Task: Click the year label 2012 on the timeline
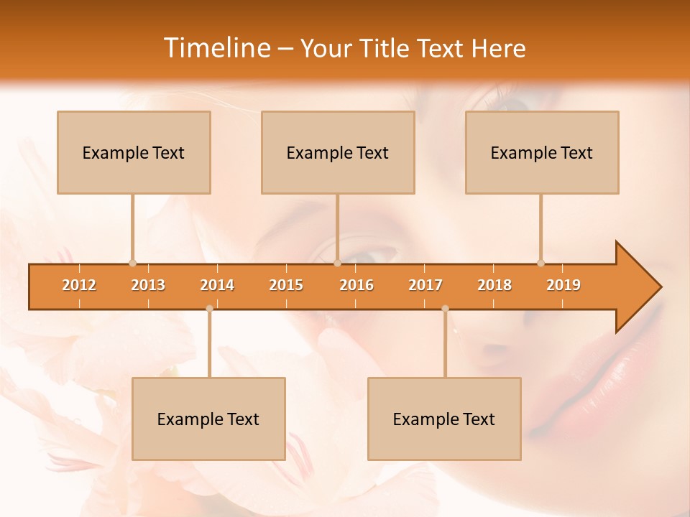click(79, 285)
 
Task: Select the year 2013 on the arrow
click(148, 285)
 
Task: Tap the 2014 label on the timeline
click(217, 285)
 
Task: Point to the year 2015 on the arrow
click(286, 285)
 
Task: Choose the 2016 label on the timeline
click(356, 285)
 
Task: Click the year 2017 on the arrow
click(425, 285)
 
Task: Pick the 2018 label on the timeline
click(494, 285)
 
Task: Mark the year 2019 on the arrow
click(563, 285)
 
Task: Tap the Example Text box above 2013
click(134, 152)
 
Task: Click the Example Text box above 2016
click(338, 152)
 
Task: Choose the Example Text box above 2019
click(542, 152)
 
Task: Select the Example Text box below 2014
click(208, 419)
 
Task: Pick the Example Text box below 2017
click(444, 419)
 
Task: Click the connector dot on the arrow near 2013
click(132, 263)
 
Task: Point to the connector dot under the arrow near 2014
click(209, 309)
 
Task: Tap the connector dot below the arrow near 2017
click(445, 309)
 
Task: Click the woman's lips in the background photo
click(589, 373)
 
